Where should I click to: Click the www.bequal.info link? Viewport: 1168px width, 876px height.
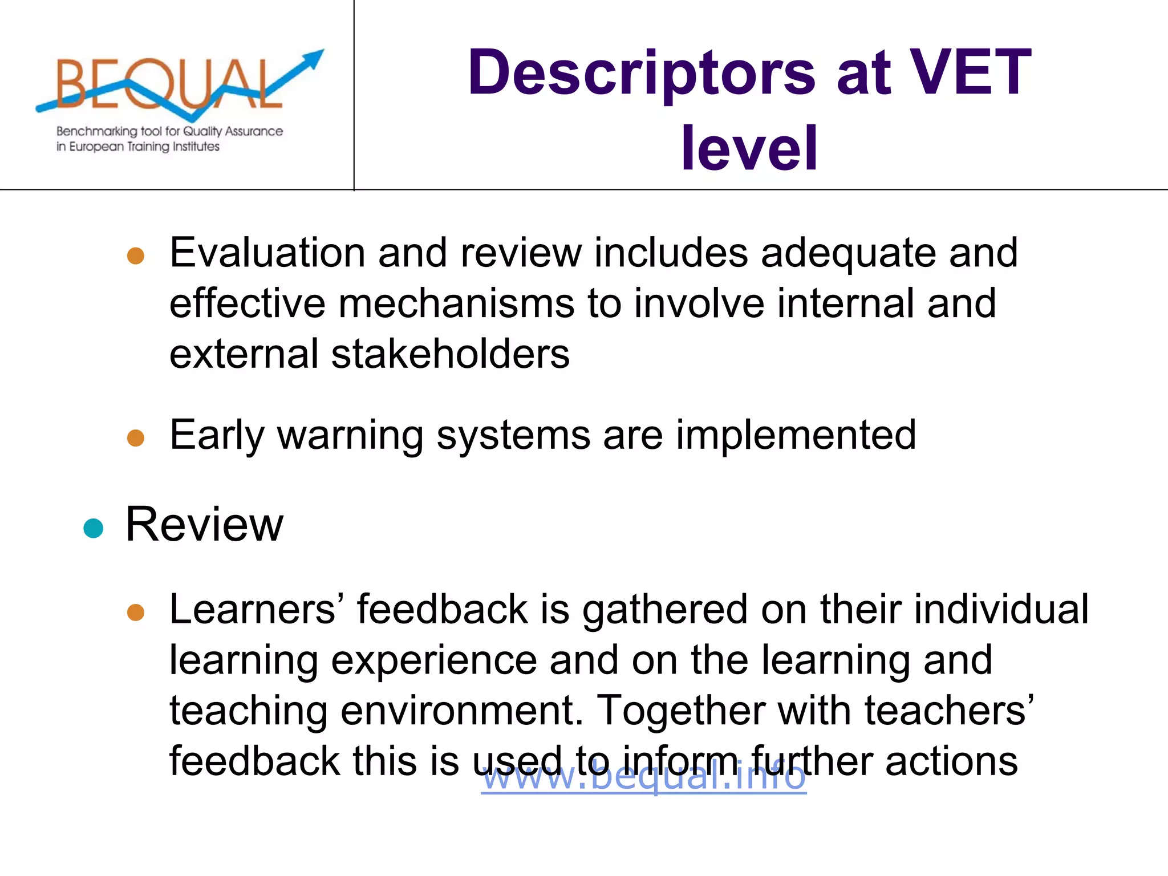pyautogui.click(x=643, y=776)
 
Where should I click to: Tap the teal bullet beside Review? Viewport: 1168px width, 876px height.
pyautogui.click(x=93, y=528)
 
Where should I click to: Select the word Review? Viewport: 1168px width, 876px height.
pyautogui.click(x=204, y=524)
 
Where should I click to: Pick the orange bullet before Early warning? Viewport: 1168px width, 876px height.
pyautogui.click(x=136, y=438)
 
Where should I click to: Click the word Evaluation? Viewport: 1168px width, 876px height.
pyautogui.click(x=267, y=253)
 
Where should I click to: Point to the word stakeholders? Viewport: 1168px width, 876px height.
pyautogui.click(x=450, y=354)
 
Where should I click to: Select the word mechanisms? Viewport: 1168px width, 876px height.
pyautogui.click(x=456, y=303)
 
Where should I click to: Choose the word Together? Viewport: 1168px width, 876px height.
pyautogui.click(x=680, y=711)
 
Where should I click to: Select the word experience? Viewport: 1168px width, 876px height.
pyautogui.click(x=434, y=660)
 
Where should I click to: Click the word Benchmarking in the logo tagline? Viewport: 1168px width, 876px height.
pyautogui.click(x=97, y=131)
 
